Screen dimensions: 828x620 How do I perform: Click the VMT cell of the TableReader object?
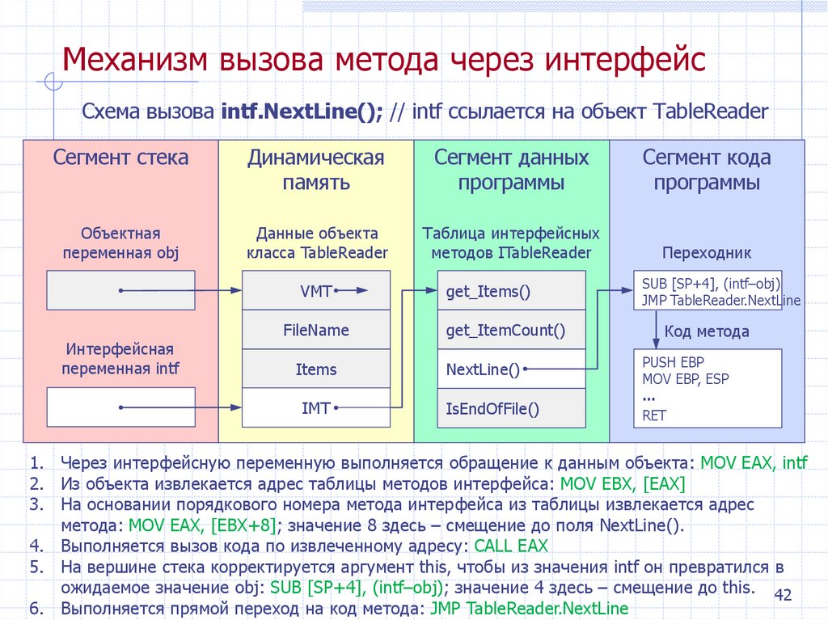[316, 291]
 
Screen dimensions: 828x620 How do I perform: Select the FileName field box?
[316, 330]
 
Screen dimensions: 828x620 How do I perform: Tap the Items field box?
[316, 369]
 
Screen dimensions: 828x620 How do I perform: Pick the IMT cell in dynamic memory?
[316, 408]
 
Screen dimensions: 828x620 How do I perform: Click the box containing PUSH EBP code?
[707, 388]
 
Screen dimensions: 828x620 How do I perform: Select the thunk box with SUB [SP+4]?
[707, 292]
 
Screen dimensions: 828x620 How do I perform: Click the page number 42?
[783, 596]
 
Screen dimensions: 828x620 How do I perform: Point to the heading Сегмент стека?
[121, 158]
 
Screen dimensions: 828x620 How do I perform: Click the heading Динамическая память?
[316, 170]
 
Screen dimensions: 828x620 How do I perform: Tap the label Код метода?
[707, 331]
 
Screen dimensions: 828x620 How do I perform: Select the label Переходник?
[707, 253]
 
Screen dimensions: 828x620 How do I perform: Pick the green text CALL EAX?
[511, 545]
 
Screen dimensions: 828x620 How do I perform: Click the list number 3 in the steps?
[35, 504]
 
